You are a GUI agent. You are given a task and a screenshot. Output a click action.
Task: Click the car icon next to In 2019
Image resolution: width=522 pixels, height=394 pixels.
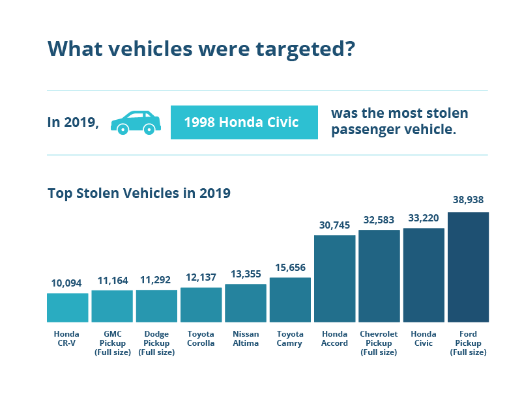[136, 122]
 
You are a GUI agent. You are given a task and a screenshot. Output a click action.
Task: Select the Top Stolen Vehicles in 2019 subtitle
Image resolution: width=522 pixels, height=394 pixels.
[139, 193]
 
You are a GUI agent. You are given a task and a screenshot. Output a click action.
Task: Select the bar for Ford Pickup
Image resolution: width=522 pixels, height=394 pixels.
[468, 267]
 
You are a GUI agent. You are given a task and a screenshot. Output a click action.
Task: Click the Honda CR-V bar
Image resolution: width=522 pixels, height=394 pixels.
[67, 307]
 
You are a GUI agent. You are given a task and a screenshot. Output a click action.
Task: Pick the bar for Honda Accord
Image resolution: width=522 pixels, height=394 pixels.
[334, 278]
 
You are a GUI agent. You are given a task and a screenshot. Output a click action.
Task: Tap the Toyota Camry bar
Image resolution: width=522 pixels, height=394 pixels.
[290, 300]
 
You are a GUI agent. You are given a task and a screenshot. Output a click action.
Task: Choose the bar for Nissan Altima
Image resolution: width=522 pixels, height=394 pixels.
[246, 303]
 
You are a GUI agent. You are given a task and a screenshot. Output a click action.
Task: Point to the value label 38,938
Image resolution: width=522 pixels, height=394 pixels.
[468, 200]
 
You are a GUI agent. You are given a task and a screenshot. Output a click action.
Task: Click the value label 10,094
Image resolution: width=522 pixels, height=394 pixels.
[67, 283]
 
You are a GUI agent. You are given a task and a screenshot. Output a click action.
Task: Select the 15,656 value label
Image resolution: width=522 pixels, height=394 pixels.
[290, 267]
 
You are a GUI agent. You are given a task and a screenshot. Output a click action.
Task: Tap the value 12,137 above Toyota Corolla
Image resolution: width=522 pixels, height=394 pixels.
[201, 277]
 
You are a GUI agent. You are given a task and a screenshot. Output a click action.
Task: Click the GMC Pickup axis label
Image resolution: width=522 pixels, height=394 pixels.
[112, 343]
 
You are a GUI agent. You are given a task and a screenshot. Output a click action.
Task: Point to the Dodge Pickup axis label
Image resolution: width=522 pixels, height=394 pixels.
[156, 343]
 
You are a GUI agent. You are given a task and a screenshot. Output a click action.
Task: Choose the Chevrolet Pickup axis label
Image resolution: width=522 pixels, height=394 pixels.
[379, 343]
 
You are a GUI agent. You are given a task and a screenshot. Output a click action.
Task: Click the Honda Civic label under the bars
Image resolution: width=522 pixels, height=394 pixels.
[424, 338]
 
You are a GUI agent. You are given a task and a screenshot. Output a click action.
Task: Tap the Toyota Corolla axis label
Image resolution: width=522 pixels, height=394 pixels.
[201, 338]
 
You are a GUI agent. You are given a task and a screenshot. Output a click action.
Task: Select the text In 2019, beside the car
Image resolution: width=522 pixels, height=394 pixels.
[73, 122]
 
